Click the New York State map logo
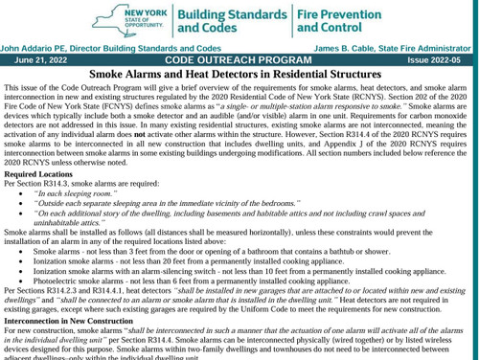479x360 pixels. click(x=144, y=19)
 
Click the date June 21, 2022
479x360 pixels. click(x=39, y=58)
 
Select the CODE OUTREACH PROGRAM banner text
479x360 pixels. click(x=239, y=58)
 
